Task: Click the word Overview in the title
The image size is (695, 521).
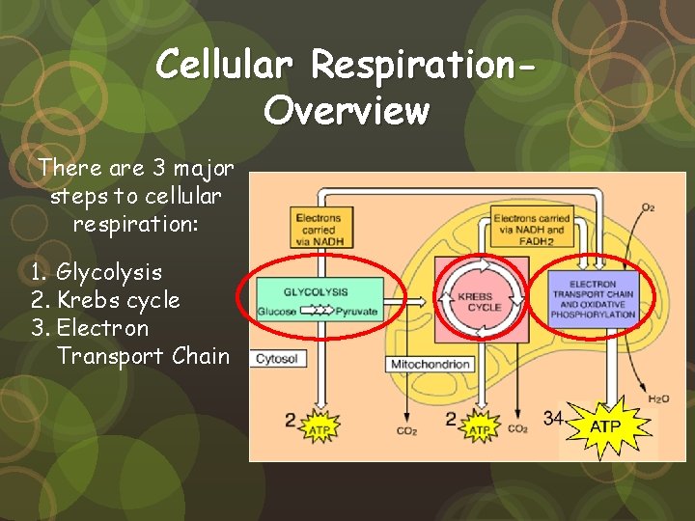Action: point(346,111)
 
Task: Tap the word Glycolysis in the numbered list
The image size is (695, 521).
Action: point(109,273)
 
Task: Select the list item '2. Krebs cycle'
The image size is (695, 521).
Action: point(105,301)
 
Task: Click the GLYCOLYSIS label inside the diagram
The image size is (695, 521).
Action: point(316,292)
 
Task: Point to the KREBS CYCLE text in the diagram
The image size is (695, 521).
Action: point(485,300)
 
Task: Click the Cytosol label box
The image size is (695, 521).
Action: point(276,359)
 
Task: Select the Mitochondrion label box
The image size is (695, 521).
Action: point(431,364)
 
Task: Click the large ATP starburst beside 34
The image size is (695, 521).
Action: point(605,425)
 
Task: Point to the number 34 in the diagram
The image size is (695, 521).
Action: point(553,418)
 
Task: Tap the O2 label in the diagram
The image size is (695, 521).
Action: point(648,206)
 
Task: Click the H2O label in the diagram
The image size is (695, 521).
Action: point(659,398)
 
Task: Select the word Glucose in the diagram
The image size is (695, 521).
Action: point(277,312)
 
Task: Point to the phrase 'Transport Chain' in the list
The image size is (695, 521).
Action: point(143,356)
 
